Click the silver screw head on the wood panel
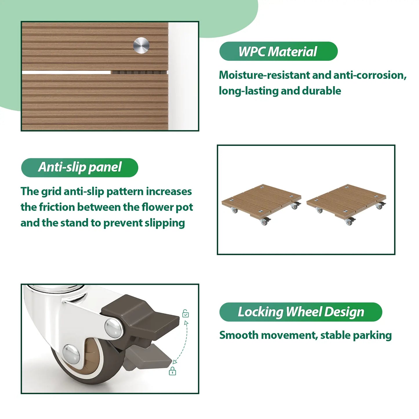[141, 45]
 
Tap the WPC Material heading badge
[278, 51]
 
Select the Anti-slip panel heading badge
[79, 167]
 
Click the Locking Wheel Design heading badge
[301, 312]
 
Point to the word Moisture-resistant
[264, 75]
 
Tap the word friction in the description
[57, 207]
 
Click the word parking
[372, 335]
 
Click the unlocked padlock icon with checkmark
[185, 313]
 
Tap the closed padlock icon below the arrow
[173, 371]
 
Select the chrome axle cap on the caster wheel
[71, 354]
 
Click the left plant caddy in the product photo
[262, 204]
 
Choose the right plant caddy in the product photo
[347, 204]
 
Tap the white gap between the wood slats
[66, 72]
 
